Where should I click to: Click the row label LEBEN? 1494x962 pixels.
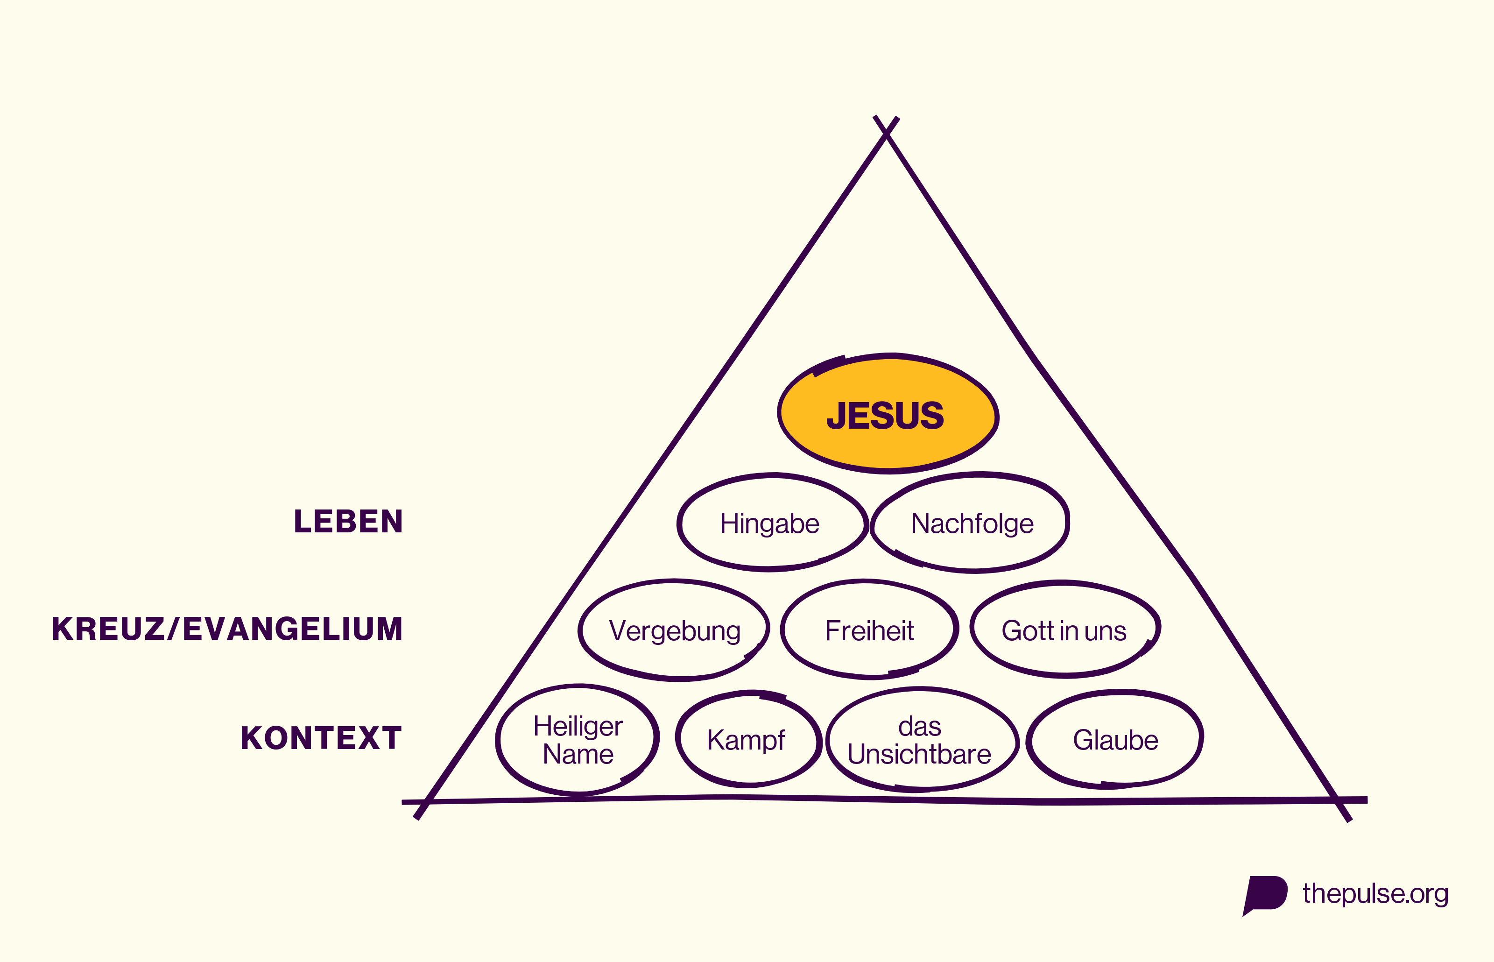tap(348, 522)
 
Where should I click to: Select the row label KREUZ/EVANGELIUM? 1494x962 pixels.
tap(227, 629)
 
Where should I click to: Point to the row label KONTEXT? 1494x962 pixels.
tap(321, 738)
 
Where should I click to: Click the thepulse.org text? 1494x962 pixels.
tap(1375, 894)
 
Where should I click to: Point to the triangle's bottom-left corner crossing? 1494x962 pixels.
tap(425, 801)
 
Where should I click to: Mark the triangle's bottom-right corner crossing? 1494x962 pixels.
tap(1337, 800)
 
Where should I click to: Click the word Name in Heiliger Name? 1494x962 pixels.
tap(578, 754)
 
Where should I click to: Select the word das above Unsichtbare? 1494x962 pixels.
tap(920, 727)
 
